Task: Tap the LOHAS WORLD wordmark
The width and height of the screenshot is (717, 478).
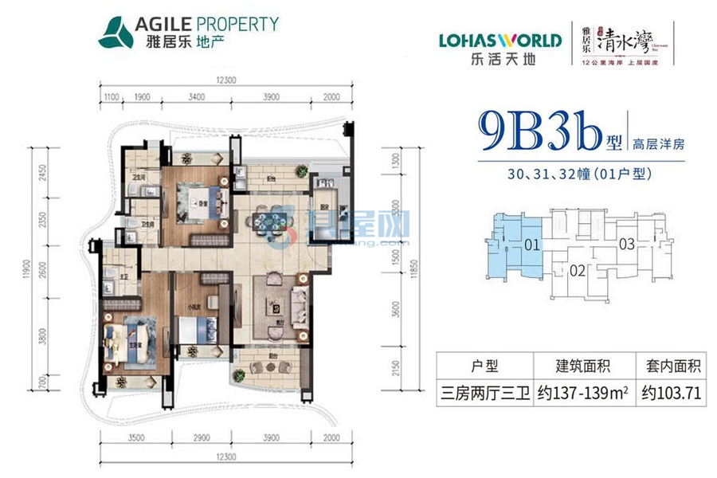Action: tap(500, 40)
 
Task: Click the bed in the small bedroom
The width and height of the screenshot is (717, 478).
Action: tap(194, 326)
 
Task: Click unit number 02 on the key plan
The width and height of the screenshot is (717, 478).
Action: tap(579, 271)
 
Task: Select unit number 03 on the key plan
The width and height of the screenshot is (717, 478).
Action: tap(626, 245)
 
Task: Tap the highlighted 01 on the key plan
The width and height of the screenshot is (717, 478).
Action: tap(532, 245)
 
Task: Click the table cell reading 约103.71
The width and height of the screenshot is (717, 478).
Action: tap(671, 393)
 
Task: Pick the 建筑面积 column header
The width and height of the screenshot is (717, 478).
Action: tap(583, 367)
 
